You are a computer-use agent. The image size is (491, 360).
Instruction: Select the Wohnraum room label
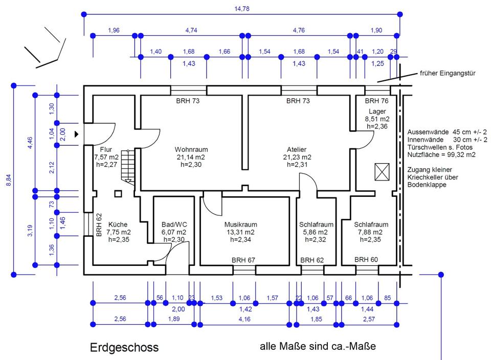coord(191,150)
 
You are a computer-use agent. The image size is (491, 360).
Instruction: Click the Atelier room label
coord(297,150)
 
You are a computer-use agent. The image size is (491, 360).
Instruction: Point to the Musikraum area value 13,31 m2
coord(240,232)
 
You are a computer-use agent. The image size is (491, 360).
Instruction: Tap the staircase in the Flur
coord(128,164)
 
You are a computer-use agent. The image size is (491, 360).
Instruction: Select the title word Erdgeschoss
coord(124,348)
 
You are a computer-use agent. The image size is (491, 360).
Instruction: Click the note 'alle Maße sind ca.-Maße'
coord(318,346)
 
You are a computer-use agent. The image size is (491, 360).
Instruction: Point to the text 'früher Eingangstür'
coord(448,74)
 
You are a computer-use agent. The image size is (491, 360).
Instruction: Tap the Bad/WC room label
coord(174,224)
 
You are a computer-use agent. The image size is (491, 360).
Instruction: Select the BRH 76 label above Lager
coord(377,101)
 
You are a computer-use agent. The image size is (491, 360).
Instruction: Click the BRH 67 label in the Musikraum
coord(243,260)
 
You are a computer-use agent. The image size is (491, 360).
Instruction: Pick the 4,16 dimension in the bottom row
coord(245,320)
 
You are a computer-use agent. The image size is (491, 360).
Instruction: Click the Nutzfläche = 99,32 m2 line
coord(441,154)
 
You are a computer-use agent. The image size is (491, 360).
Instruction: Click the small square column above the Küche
coord(118,193)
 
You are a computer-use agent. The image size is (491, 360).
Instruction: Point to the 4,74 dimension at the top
coord(191,31)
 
